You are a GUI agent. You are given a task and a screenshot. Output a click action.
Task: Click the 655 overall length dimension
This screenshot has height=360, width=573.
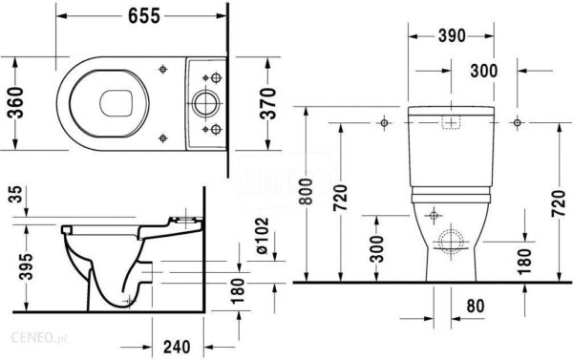point(144,15)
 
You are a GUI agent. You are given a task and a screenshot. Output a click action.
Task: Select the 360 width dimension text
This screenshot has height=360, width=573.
point(15,103)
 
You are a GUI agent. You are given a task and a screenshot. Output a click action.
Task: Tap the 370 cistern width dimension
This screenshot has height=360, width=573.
point(268,103)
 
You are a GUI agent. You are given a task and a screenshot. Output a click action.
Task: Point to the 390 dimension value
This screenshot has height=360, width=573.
point(452,35)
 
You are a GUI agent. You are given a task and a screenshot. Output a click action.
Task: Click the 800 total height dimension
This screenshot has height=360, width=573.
point(307,192)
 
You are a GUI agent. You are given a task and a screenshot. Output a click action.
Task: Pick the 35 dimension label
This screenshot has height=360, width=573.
point(16,195)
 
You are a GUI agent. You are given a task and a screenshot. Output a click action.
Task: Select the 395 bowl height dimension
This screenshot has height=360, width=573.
point(27,266)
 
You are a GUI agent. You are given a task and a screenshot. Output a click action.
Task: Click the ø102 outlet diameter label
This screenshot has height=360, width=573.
point(262,236)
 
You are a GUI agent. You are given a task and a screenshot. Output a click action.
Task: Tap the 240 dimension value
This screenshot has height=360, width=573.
point(177,347)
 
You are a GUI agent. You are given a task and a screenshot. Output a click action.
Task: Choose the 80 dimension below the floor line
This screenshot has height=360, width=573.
point(475,306)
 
